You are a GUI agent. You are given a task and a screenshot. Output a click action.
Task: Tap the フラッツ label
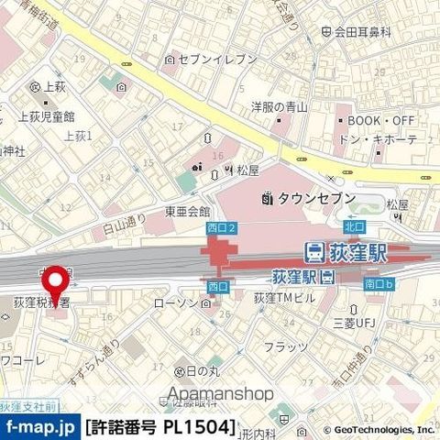(x=285, y=346)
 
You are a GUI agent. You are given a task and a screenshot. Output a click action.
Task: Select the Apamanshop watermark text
(x=220, y=394)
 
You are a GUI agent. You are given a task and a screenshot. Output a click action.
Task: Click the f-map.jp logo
(x=38, y=426)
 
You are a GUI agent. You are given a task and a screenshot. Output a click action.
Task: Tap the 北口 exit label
(x=355, y=225)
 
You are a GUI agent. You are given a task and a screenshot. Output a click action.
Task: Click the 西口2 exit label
(x=222, y=225)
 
